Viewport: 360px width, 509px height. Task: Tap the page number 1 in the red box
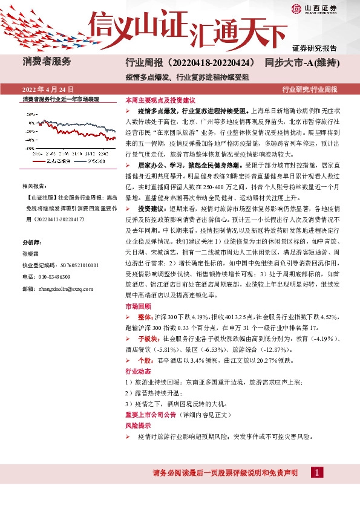(x=316, y=472)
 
